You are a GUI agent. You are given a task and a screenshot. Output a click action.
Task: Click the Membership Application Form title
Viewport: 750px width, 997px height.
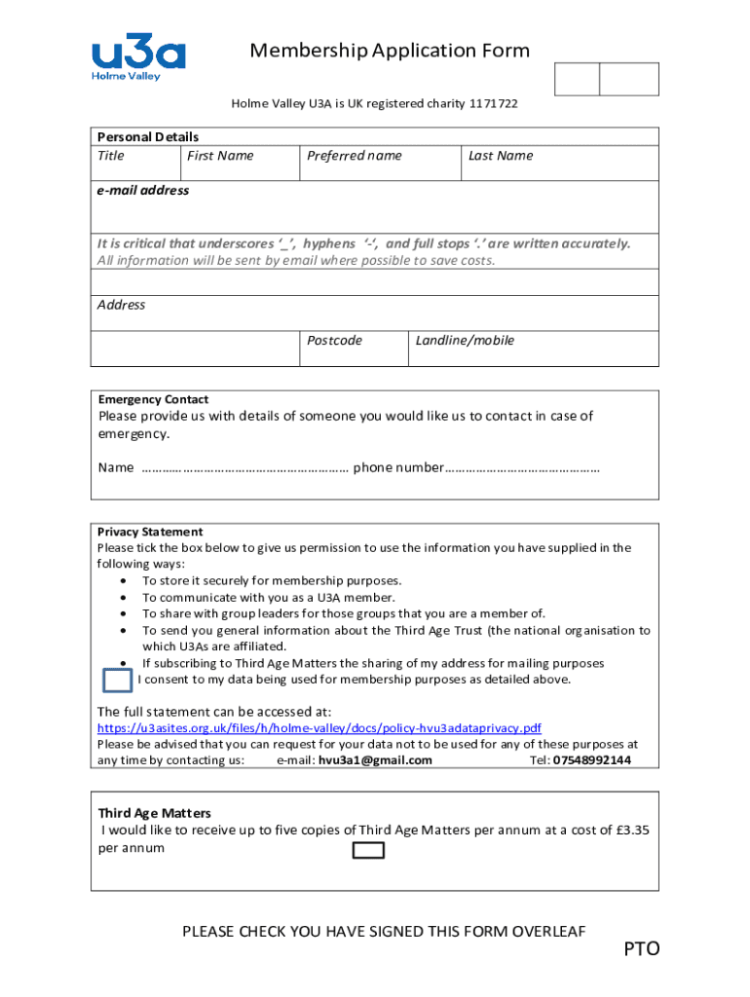click(390, 51)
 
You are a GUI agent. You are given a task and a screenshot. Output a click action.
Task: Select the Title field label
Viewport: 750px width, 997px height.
click(111, 156)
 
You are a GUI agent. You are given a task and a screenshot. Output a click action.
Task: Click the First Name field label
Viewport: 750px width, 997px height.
click(220, 156)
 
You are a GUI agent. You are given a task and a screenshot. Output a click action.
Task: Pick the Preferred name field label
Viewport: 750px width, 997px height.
click(354, 156)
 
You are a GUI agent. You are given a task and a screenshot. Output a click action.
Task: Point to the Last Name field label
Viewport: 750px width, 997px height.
click(501, 156)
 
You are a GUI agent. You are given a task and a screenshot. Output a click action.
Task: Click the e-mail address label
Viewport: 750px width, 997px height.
click(143, 191)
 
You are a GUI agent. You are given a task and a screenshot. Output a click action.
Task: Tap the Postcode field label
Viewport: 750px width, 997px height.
click(334, 341)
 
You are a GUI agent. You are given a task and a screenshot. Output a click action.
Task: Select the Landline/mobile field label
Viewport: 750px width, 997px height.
click(465, 341)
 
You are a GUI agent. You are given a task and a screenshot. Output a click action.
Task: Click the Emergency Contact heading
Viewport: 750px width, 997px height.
click(153, 399)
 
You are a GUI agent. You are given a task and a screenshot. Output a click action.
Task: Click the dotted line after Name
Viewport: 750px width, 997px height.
click(245, 468)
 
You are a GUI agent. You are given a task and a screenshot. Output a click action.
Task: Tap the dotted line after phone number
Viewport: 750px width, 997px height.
click(522, 468)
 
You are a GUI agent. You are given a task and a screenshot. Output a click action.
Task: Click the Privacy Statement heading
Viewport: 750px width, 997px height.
click(150, 532)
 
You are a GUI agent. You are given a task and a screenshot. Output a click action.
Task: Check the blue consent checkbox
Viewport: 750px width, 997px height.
click(117, 680)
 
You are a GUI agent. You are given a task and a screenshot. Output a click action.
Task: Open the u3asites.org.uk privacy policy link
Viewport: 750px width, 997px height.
click(319, 728)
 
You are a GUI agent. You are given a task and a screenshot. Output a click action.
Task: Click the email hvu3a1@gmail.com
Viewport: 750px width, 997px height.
click(375, 760)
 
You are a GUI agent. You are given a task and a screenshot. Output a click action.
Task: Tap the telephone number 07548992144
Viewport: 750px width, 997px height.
click(591, 760)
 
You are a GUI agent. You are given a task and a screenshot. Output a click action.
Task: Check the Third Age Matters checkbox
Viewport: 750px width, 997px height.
click(367, 851)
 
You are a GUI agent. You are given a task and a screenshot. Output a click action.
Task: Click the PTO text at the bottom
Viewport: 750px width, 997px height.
click(642, 948)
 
